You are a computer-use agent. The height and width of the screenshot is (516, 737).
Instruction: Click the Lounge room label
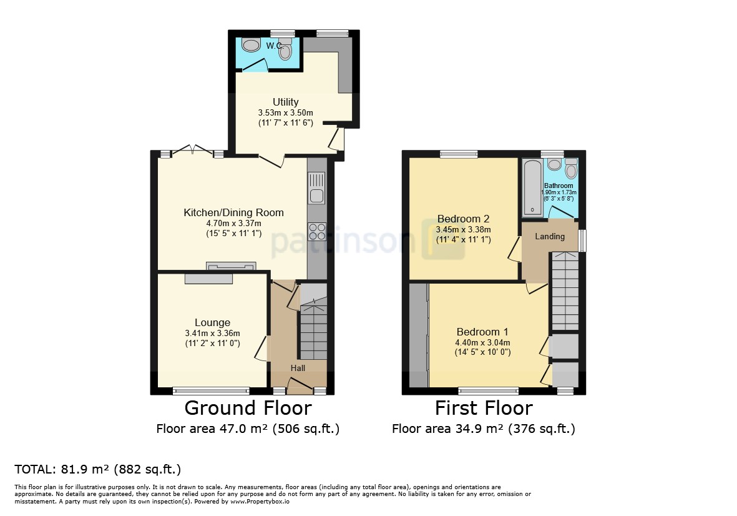212,323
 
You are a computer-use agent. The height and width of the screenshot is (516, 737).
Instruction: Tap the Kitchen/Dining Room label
233,212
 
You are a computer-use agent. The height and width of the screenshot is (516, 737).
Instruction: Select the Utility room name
286,102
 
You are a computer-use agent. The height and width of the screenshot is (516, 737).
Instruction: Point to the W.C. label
275,46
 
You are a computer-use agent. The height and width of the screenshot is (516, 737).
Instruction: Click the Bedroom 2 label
464,219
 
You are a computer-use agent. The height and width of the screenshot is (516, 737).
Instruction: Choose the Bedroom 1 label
482,332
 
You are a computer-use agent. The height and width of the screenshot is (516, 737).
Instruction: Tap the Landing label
550,237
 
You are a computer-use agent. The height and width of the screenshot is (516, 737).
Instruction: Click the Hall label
298,369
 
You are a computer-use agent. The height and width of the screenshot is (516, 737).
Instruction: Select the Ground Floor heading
248,408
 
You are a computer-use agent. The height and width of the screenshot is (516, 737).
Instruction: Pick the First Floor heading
484,408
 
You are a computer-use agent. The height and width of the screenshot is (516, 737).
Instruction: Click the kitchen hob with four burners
317,231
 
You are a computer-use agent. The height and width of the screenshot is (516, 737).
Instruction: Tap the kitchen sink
317,188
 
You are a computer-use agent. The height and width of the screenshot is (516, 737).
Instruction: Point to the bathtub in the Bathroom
532,187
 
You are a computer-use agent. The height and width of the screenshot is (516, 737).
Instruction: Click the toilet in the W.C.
285,50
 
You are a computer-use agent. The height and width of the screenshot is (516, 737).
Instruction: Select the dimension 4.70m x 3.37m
233,224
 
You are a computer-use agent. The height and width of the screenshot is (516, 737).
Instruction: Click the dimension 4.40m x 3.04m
482,343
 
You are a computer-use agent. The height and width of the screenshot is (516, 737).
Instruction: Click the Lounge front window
211,390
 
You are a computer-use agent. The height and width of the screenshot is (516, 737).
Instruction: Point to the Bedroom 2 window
459,154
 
